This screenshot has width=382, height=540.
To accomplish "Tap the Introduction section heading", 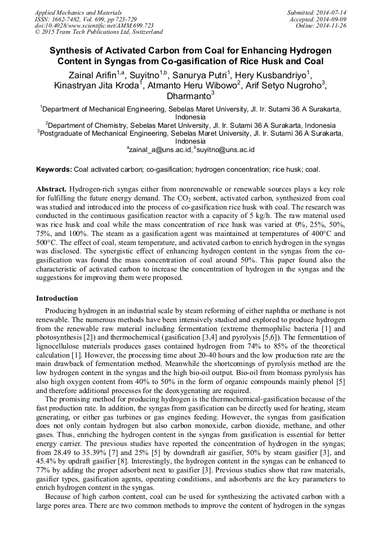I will click(x=57, y=298).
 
